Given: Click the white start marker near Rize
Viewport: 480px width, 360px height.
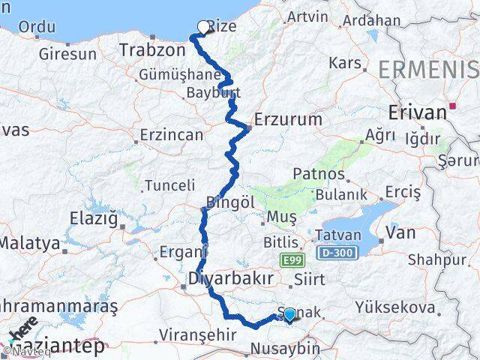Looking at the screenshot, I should pyautogui.click(x=202, y=28).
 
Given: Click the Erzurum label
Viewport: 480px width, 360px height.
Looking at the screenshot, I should pyautogui.click(x=288, y=119).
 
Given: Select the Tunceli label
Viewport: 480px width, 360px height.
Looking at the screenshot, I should pyautogui.click(x=169, y=184).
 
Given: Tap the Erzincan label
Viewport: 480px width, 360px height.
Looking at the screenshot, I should pyautogui.click(x=171, y=135).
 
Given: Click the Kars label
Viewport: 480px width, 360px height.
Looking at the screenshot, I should pyautogui.click(x=346, y=62).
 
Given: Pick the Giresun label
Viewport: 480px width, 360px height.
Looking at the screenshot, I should pyautogui.click(x=67, y=54).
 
